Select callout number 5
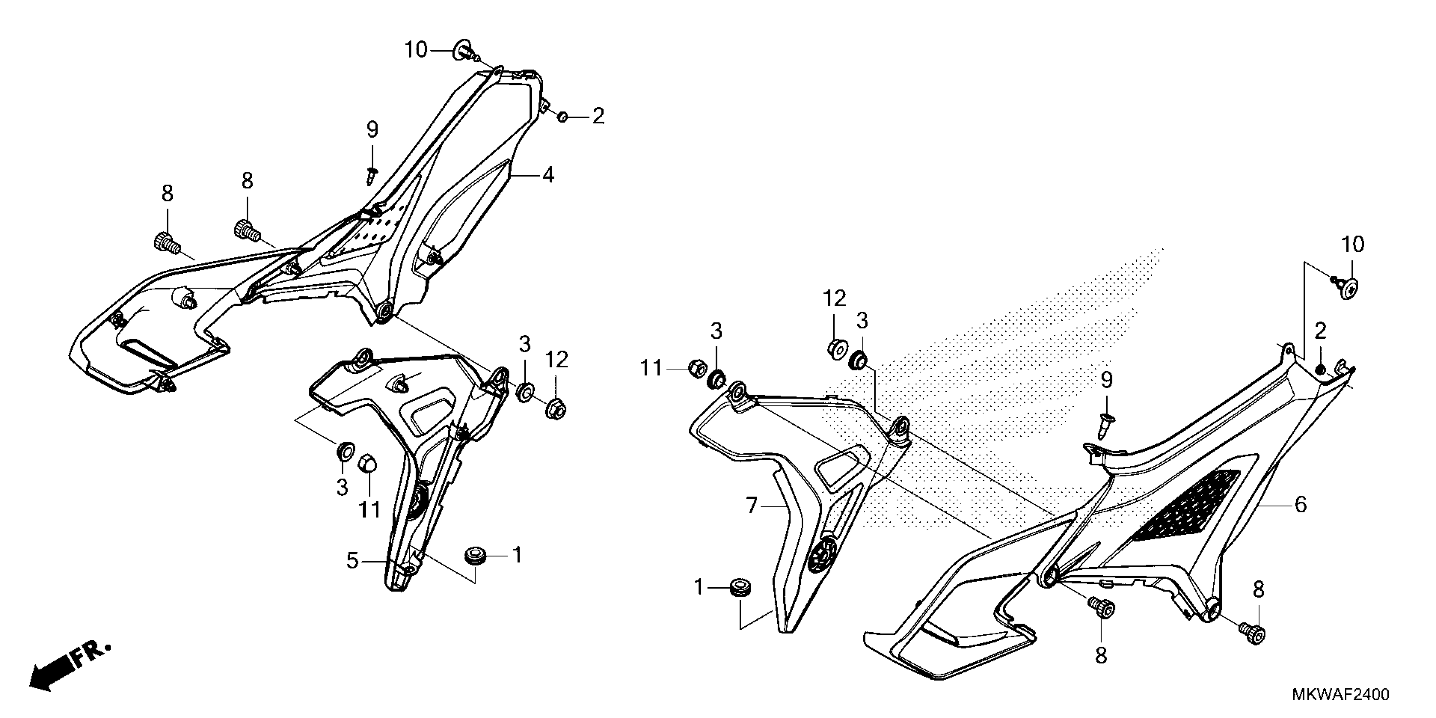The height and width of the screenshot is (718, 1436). [x=352, y=561]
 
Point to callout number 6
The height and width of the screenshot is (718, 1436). [x=1300, y=505]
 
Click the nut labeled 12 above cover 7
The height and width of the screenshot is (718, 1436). [x=835, y=348]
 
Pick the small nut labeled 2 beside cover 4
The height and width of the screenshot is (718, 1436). [x=563, y=117]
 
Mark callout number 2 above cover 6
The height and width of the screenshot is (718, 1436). [x=1320, y=332]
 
